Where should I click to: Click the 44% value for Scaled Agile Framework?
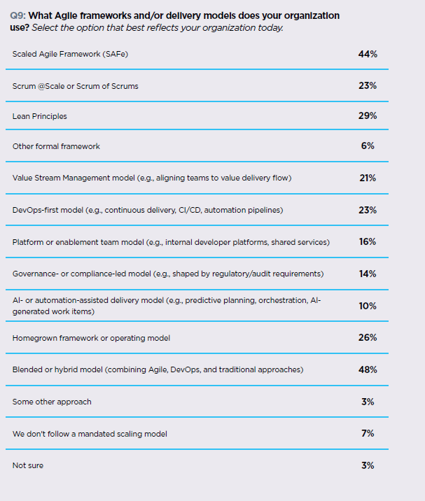click(x=368, y=53)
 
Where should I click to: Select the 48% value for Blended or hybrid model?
click(x=368, y=369)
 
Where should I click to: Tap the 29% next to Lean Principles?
click(x=368, y=116)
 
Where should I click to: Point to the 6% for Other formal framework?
click(x=368, y=146)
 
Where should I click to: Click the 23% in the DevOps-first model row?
click(x=368, y=210)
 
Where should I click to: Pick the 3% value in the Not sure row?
click(x=368, y=465)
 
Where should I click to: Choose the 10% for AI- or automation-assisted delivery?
click(x=368, y=306)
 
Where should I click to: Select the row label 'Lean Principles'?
click(x=40, y=116)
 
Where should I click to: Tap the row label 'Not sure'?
click(x=27, y=465)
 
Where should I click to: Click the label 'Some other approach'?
click(x=52, y=402)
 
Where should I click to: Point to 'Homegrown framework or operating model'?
click(x=91, y=338)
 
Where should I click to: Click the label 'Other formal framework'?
click(x=56, y=146)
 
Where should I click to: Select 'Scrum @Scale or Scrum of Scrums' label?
click(x=75, y=85)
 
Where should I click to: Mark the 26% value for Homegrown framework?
click(x=368, y=337)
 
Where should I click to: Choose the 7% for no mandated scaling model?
click(x=368, y=433)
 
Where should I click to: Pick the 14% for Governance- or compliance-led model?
click(x=368, y=274)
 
